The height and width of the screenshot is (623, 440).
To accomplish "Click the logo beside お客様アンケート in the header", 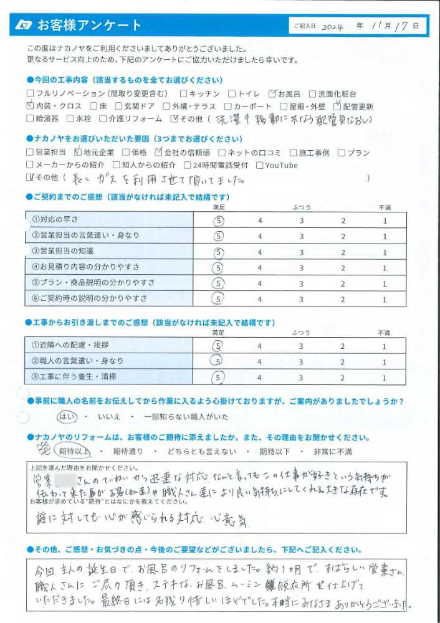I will click(24, 26).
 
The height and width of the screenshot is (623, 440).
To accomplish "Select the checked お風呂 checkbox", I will click(272, 93).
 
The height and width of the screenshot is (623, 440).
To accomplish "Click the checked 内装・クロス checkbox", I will click(31, 105).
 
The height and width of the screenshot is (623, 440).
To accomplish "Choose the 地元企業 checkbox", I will click(77, 152).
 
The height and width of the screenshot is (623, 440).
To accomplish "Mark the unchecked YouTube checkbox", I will click(260, 165).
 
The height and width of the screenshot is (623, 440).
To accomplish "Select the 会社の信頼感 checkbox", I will click(158, 152).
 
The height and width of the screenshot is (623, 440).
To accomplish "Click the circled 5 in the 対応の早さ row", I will click(218, 220).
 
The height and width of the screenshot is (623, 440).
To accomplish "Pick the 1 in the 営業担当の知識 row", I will click(385, 252).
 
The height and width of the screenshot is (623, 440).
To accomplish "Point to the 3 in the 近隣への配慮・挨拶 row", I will click(301, 346).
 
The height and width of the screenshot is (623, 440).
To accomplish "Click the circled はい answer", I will click(65, 416).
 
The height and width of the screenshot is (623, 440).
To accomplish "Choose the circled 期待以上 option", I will click(74, 451).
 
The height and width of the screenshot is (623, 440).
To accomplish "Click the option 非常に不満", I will click(332, 451).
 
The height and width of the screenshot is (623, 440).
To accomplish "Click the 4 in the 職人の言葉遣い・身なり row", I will click(260, 361).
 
